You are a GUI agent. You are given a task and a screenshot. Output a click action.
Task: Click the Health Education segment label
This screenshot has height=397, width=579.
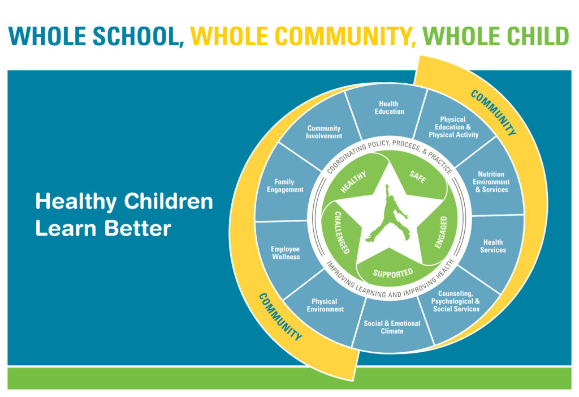pyautogui.click(x=389, y=108)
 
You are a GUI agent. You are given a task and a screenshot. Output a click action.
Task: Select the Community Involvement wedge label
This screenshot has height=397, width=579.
pyautogui.click(x=324, y=132)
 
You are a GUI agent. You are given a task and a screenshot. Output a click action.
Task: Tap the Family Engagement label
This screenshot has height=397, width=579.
pyautogui.click(x=285, y=186)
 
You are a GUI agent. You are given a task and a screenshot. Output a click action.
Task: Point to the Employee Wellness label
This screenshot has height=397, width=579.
pyautogui.click(x=286, y=253)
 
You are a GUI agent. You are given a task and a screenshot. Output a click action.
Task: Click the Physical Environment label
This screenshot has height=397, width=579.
pyautogui.click(x=325, y=305)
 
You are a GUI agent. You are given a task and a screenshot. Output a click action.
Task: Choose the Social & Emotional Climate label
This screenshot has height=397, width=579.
pyautogui.click(x=392, y=327)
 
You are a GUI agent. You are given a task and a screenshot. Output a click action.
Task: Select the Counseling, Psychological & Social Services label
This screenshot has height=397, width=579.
pyautogui.click(x=456, y=301)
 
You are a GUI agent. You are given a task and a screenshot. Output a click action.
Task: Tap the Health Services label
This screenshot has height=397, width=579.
pyautogui.click(x=493, y=246)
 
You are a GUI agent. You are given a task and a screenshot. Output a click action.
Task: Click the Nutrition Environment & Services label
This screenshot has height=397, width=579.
pyautogui.click(x=491, y=182)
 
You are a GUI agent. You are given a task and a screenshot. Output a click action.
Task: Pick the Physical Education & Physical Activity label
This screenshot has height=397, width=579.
pyautogui.click(x=453, y=127)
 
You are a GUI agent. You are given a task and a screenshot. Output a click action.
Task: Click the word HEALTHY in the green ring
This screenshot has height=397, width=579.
pyautogui.click(x=353, y=182)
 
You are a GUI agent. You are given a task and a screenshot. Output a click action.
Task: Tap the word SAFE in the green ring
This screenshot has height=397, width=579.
pyautogui.click(x=418, y=177)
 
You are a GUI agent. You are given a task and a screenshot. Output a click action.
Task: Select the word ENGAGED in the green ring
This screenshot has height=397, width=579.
pyautogui.click(x=441, y=232)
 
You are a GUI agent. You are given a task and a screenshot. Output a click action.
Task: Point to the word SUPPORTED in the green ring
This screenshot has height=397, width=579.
pyautogui.click(x=393, y=273)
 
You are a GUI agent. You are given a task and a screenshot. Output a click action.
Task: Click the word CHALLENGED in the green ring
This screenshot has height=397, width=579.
pyautogui.click(x=342, y=232)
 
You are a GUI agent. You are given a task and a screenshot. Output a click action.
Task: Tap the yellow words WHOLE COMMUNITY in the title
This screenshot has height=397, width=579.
pyautogui.click(x=303, y=36)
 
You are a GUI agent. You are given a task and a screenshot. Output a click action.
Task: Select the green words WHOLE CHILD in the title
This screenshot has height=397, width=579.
pyautogui.click(x=495, y=36)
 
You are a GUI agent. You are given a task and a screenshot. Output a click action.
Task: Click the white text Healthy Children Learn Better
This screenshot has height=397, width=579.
pyautogui.click(x=124, y=215)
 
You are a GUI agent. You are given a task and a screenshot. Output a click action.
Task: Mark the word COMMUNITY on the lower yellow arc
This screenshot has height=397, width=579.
pyautogui.click(x=280, y=317)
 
